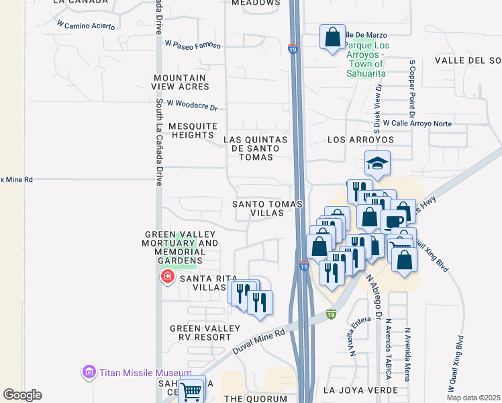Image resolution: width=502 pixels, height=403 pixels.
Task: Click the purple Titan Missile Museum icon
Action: (x=89, y=371)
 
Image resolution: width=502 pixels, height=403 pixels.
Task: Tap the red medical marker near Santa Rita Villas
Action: (x=167, y=276)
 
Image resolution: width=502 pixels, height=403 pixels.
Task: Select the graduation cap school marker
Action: (x=378, y=163)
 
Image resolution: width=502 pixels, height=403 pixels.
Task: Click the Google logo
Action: (x=22, y=395)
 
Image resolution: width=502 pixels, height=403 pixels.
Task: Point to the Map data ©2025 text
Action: (x=473, y=398)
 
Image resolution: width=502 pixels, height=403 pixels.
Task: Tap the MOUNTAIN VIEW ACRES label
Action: (x=181, y=82)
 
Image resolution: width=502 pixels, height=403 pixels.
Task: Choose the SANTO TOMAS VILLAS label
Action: (x=267, y=208)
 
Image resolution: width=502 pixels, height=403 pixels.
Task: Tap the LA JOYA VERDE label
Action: (x=360, y=390)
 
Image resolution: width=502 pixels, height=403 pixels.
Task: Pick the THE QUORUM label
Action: (x=256, y=398)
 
